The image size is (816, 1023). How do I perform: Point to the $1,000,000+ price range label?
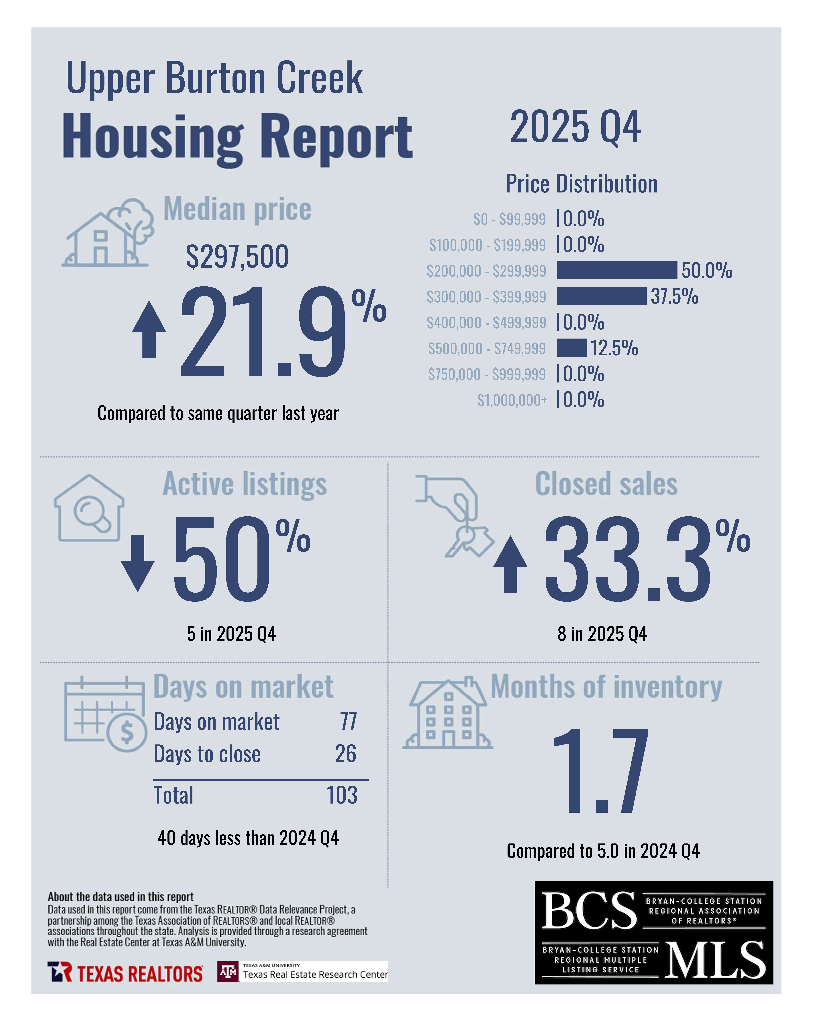[512, 401]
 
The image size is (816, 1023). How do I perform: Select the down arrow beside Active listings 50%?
[137, 563]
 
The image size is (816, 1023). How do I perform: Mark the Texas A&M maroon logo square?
[228, 972]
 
